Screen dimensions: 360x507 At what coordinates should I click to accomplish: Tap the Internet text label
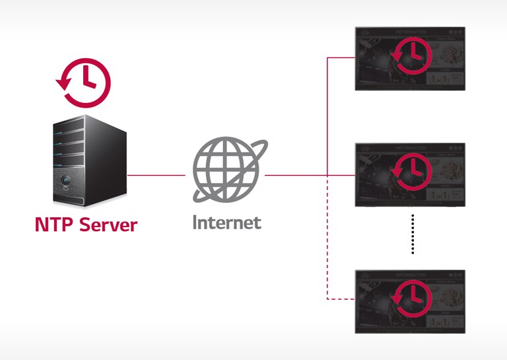coord(226,222)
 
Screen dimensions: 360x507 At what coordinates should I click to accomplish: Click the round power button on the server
coord(67,180)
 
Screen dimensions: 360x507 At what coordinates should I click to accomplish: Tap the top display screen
coord(410,58)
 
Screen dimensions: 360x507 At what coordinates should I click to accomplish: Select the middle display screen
coord(410,174)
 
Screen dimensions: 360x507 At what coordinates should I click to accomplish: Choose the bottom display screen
coord(410,301)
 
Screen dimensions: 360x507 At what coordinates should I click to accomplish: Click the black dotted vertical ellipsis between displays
coord(412,234)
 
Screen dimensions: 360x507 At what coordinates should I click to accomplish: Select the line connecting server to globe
coord(156,176)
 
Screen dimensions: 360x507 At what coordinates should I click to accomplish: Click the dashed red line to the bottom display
coord(328,264)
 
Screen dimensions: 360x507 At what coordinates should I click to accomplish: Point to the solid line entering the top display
coord(342,58)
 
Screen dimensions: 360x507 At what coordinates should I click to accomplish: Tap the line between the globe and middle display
coord(297,176)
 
